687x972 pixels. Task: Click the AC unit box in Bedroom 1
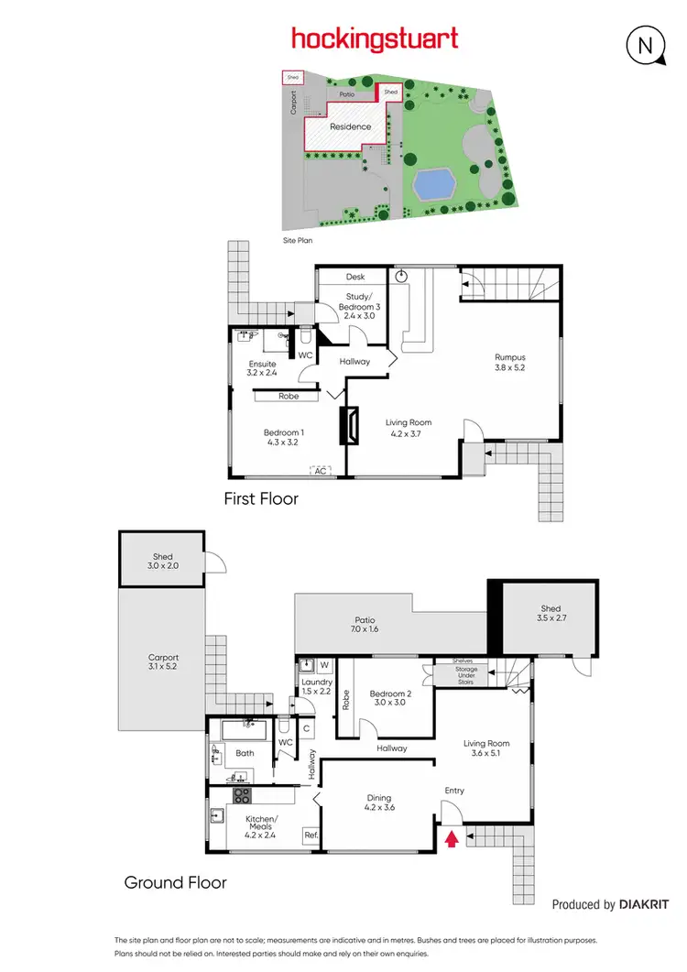320,471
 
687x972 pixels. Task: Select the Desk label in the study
355,277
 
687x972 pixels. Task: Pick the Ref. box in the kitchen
311,835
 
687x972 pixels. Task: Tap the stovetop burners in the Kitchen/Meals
242,795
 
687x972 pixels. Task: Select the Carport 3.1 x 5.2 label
164,662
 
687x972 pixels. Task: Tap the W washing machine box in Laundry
323,664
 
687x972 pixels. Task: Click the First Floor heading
261,499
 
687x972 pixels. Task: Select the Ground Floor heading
176,883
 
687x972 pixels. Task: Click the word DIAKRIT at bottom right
649,904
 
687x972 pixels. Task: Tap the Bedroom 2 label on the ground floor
390,699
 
